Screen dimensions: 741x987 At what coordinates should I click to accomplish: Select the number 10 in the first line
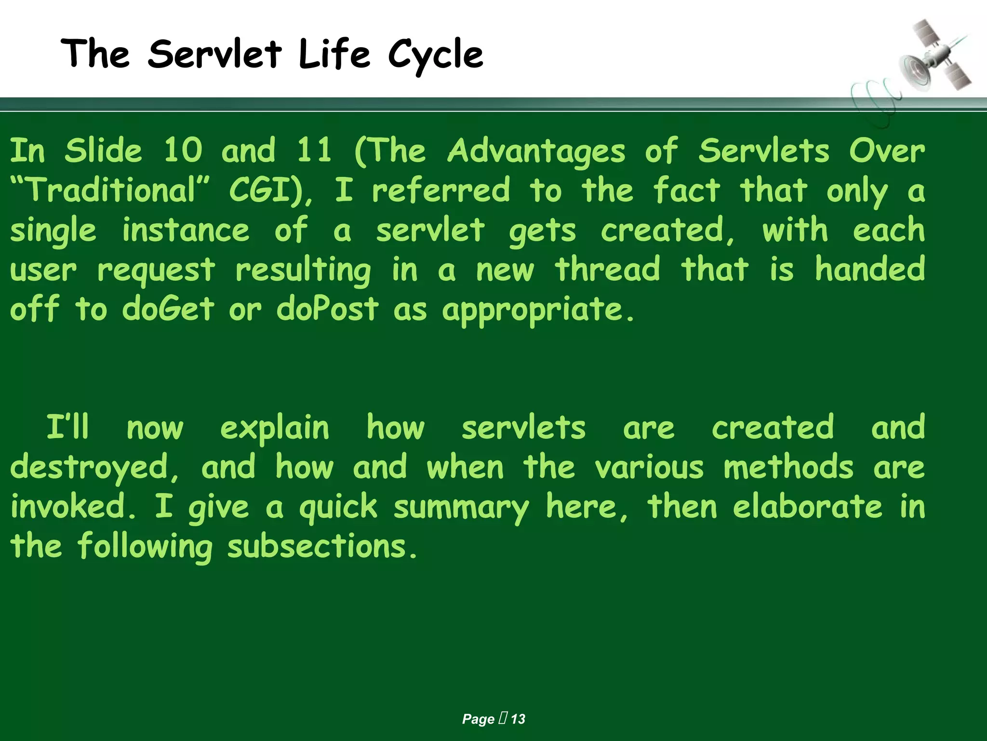pyautogui.click(x=183, y=151)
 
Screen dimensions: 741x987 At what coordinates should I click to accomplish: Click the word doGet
pyautogui.click(x=168, y=309)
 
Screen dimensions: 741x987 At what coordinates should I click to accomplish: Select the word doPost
pyautogui.click(x=328, y=309)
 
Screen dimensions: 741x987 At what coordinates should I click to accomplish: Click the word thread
pyautogui.click(x=607, y=269)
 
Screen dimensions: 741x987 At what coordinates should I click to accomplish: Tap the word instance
pyautogui.click(x=186, y=230)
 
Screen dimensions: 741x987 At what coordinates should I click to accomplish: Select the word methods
pyautogui.click(x=788, y=467)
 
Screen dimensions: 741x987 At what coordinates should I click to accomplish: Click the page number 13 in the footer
pyautogui.click(x=518, y=719)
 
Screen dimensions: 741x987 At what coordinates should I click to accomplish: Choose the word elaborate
pyautogui.click(x=808, y=507)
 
